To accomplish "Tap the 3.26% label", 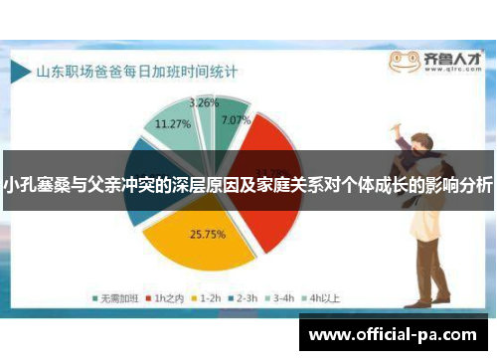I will point(204,102).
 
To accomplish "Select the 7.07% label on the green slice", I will point(235,119).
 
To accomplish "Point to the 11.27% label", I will point(174,124).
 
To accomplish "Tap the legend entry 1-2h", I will point(207,297).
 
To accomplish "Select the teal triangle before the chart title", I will point(19,73).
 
